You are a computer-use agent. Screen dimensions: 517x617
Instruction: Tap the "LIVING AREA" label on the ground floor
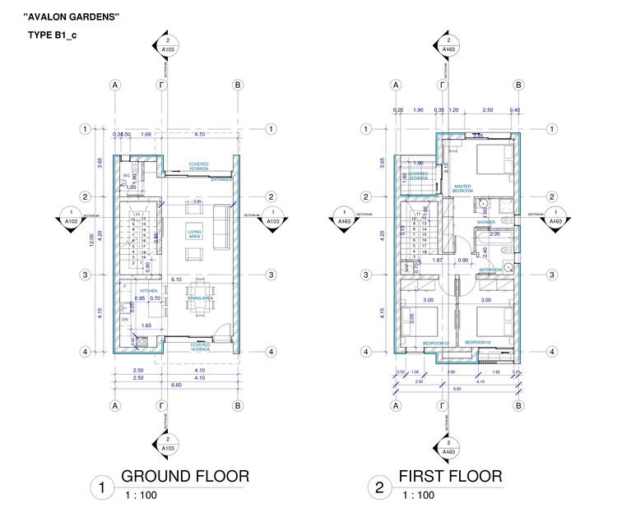click(x=194, y=233)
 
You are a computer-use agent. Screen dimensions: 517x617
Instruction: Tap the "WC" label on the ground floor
click(x=127, y=175)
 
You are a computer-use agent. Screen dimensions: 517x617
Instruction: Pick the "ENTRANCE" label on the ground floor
click(x=220, y=178)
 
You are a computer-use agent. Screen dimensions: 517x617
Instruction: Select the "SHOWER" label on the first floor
click(x=485, y=221)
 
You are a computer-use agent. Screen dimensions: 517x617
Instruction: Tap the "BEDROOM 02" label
click(x=477, y=342)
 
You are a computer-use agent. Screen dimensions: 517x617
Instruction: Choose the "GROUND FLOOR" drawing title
click(x=184, y=477)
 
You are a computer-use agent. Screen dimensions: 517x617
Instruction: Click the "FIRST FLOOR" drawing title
click(x=449, y=477)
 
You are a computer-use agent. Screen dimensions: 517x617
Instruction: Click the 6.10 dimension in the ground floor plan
click(x=176, y=279)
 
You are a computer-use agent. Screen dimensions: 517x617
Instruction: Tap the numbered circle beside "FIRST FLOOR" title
click(x=379, y=488)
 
